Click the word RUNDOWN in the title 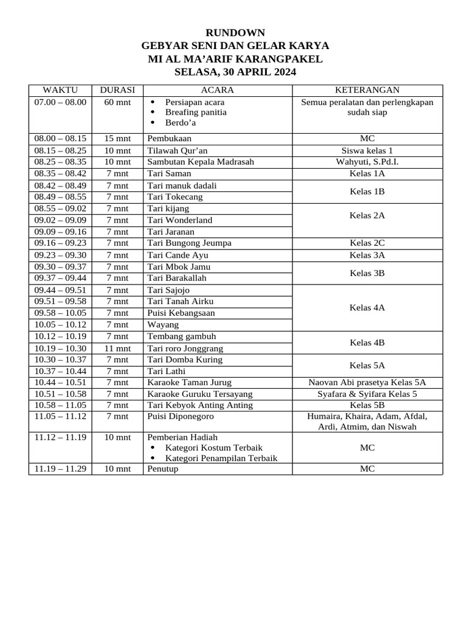point(235,33)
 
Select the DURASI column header point(117,90)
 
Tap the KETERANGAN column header point(367,90)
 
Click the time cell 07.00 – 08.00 point(60,102)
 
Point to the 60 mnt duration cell point(117,102)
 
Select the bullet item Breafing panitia point(196,112)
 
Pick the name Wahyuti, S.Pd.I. point(367,162)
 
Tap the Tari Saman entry point(169,174)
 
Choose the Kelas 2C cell point(367,243)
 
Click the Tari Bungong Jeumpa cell point(189,243)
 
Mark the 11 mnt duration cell point(117,348)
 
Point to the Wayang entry point(163,324)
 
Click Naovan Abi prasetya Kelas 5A point(367,382)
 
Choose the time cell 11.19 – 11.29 point(60,469)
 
